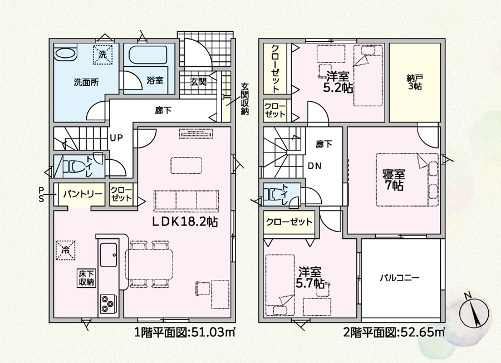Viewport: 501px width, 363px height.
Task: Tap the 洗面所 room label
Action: tap(86, 82)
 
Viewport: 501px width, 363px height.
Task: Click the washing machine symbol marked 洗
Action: tap(102, 55)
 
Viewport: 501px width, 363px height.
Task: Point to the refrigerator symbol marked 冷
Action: tap(66, 251)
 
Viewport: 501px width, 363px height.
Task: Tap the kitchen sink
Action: tap(109, 254)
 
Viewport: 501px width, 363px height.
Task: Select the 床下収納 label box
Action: tap(86, 278)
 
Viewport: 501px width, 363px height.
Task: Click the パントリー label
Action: tap(82, 194)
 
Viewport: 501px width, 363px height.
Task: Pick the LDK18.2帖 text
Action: tap(184, 222)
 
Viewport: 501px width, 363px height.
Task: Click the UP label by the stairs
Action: tap(116, 138)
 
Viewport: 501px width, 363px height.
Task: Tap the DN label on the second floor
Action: tap(315, 166)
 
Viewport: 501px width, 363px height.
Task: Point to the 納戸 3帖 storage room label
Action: tap(415, 82)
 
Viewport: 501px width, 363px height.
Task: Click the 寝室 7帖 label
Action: tap(394, 180)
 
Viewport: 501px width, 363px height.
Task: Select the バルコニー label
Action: tap(400, 278)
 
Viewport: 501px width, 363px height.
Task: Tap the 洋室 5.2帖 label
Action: tap(338, 82)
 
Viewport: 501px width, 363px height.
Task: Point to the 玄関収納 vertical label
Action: tap(245, 99)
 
